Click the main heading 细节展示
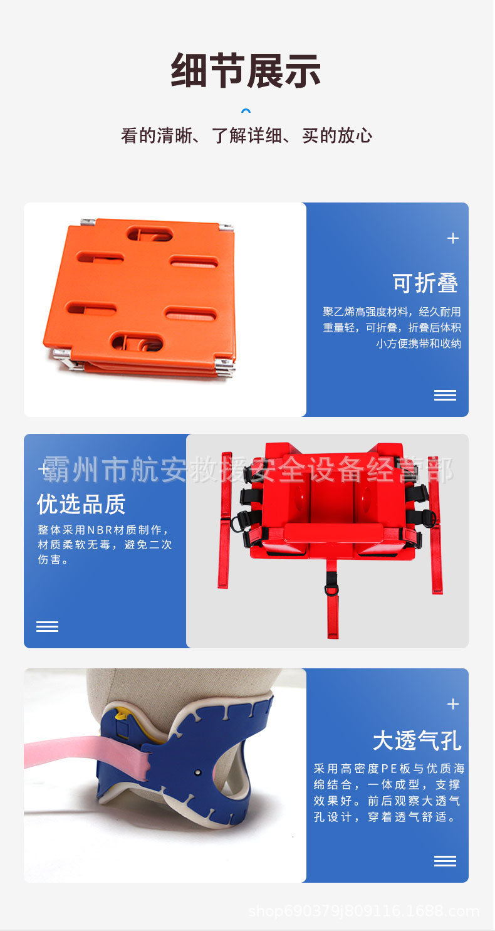point(246,70)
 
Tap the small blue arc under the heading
point(246,112)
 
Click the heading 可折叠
point(425,283)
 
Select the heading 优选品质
point(81,503)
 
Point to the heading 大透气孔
point(417,740)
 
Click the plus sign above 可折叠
point(453,238)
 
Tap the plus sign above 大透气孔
point(453,704)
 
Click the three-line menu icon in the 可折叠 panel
point(445,395)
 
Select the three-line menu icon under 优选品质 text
point(47,626)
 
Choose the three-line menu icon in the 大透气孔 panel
point(445,861)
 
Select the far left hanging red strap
point(224,520)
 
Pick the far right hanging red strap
point(435,527)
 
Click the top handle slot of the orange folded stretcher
point(150,234)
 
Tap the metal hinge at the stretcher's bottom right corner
point(224,366)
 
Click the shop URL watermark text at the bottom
point(363,911)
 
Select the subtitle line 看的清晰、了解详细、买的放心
point(246,135)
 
